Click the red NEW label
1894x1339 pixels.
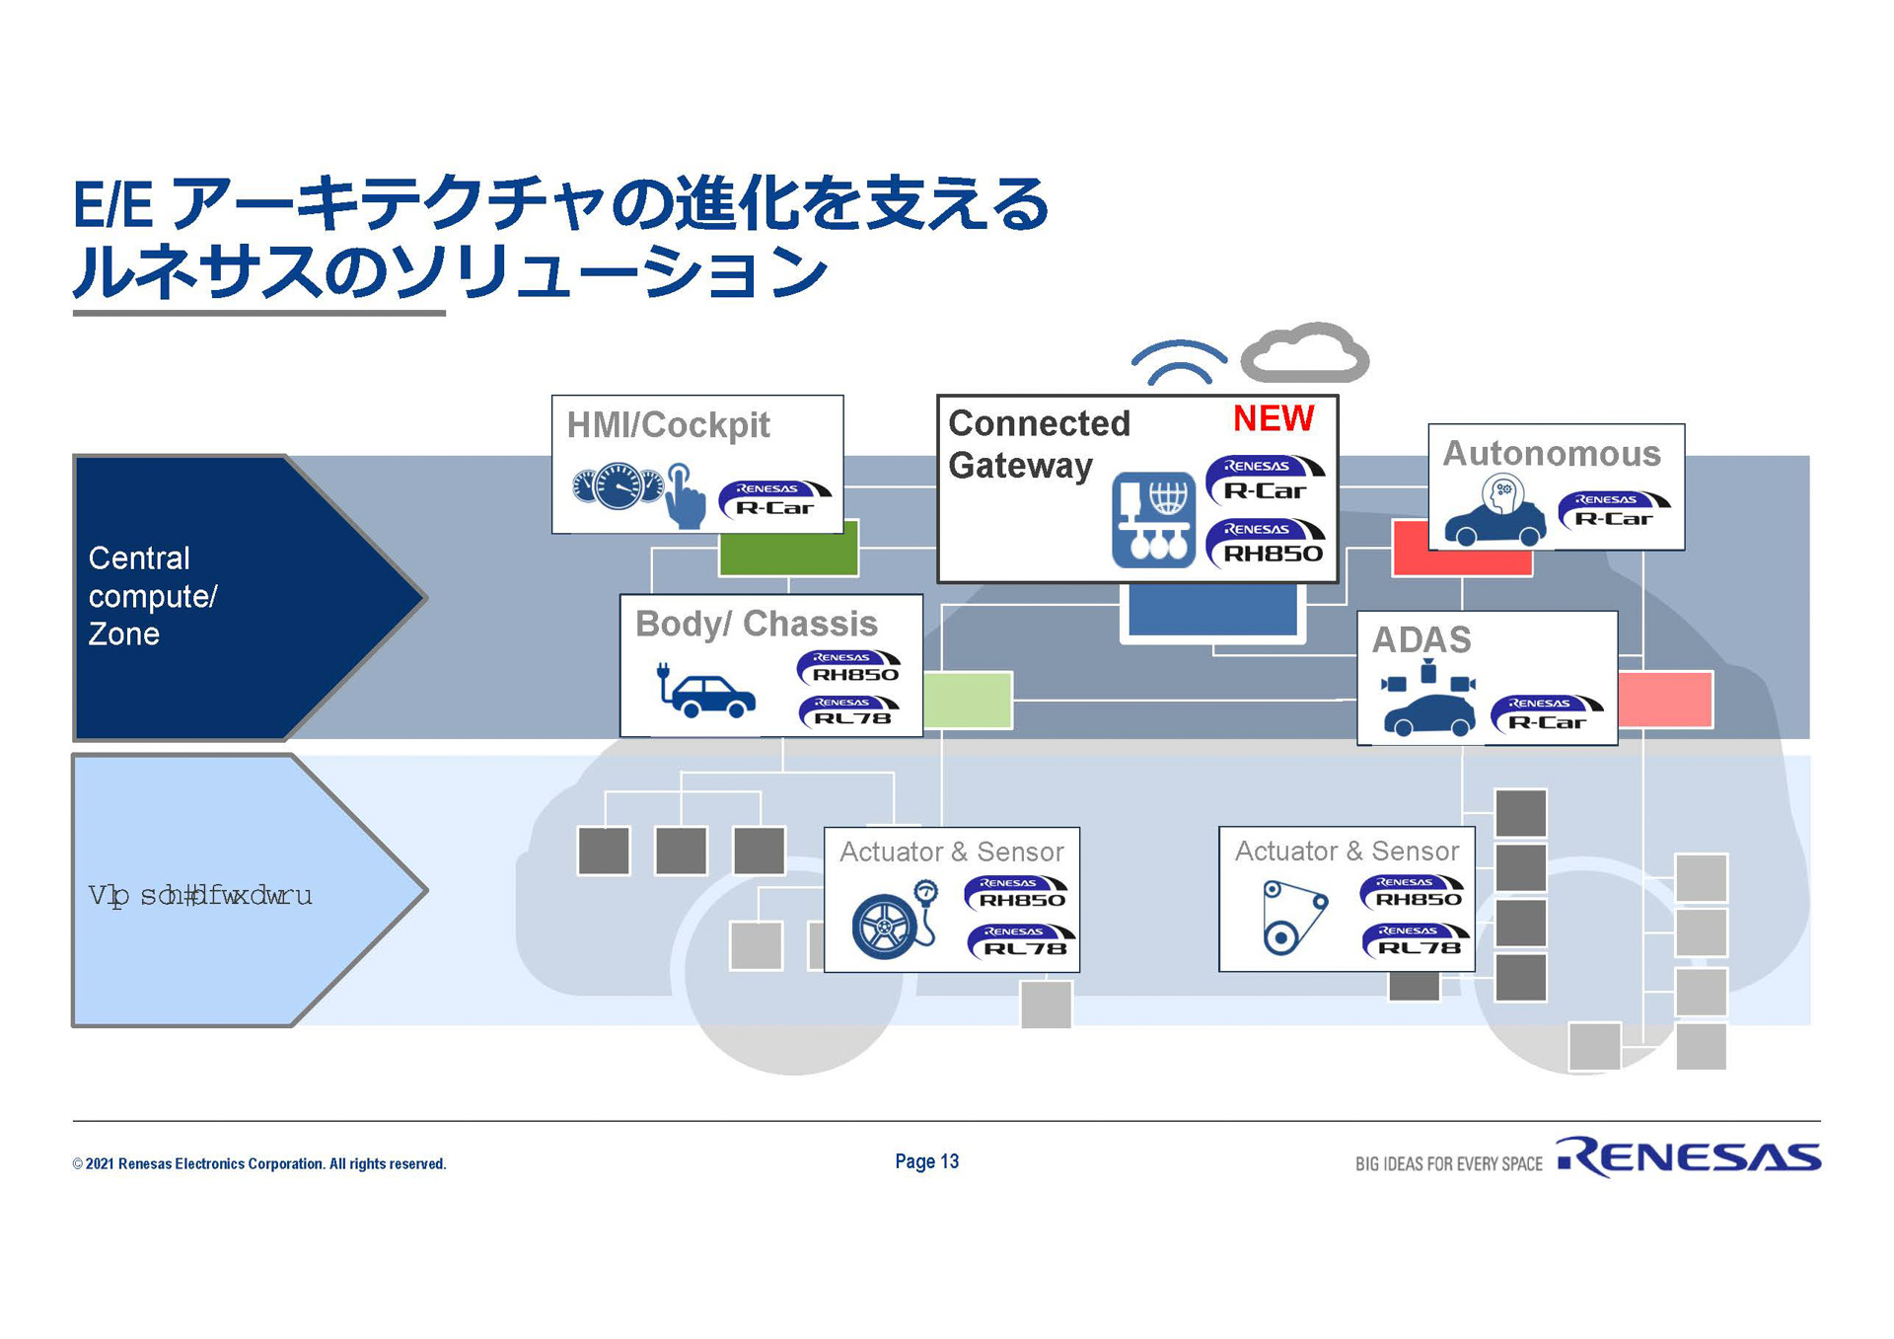1273,418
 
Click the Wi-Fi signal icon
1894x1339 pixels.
1179,362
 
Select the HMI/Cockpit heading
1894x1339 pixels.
668,425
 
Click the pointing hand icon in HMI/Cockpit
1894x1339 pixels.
685,496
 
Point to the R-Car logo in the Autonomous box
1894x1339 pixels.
1613,510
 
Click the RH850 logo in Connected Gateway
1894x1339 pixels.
1266,544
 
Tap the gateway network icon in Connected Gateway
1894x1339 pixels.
1153,519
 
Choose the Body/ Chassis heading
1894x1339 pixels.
756,624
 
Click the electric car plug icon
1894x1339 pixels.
705,691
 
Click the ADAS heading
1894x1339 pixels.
1421,640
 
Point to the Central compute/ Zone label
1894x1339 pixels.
153,596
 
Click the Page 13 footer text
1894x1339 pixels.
926,1161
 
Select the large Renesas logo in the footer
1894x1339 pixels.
1688,1157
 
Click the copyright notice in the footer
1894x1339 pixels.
258,1164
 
